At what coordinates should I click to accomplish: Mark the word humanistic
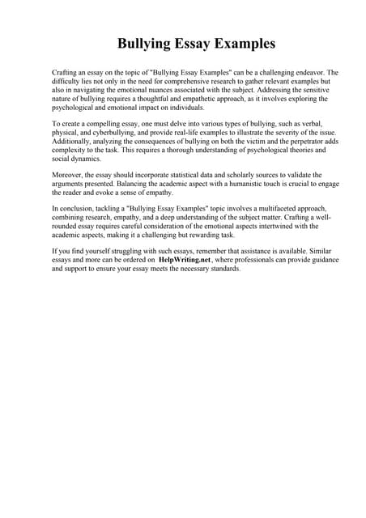249,183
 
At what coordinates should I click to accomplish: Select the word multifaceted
267,208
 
